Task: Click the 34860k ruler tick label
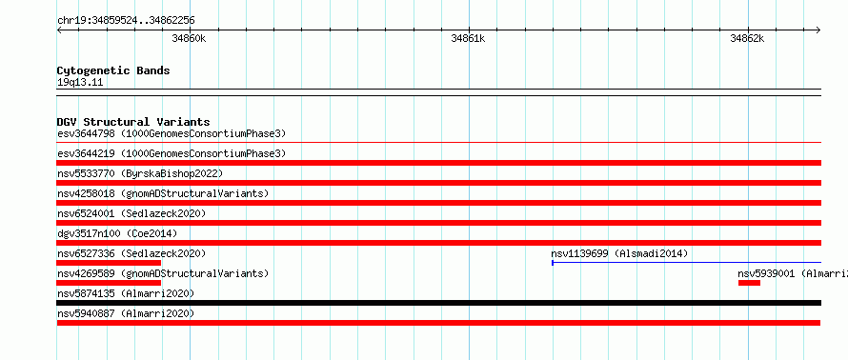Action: point(189,38)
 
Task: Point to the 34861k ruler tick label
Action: point(468,38)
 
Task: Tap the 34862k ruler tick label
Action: point(747,38)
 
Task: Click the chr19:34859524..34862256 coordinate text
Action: point(126,21)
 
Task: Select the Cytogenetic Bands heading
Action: point(113,70)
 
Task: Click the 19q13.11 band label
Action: point(80,83)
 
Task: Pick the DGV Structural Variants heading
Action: point(133,122)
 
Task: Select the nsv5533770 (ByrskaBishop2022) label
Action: point(140,173)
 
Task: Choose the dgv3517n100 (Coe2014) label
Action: point(117,233)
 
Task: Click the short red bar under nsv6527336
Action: point(109,263)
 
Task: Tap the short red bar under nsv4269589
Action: point(109,283)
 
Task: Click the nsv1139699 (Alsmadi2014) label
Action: point(619,253)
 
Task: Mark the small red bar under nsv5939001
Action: point(749,283)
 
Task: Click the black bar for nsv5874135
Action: point(439,303)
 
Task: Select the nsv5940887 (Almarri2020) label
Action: point(126,313)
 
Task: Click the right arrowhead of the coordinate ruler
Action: point(818,30)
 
